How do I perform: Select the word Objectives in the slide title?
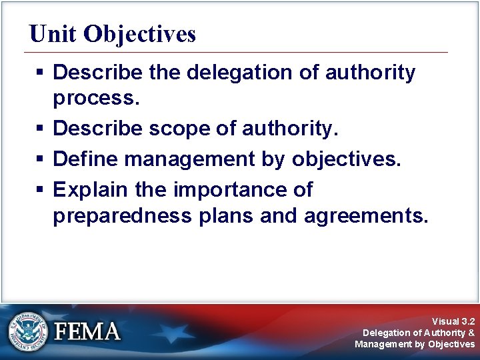coord(140,34)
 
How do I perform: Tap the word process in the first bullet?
coord(96,99)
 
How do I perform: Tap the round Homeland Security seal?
coord(29,331)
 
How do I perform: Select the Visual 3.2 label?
coord(453,321)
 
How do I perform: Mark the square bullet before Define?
coord(41,160)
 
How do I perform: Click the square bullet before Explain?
coord(41,190)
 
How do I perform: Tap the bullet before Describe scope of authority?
coord(41,129)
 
